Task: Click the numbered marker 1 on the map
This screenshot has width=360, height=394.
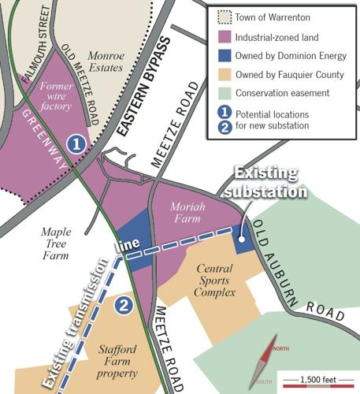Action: tap(76, 143)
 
